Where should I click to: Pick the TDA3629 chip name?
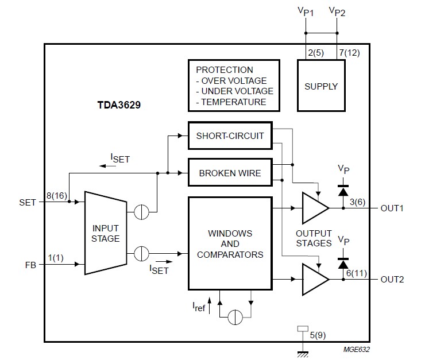(119, 105)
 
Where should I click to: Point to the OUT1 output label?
(392, 208)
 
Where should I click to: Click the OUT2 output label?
(392, 280)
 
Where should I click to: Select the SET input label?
(28, 203)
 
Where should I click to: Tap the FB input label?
(30, 265)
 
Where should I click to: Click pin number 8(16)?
(57, 195)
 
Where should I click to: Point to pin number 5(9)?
(318, 335)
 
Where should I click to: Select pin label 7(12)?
(349, 53)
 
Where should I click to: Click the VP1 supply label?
(306, 12)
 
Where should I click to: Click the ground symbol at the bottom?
(303, 354)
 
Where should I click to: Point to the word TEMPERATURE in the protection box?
(234, 102)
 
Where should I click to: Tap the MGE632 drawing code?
(356, 349)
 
